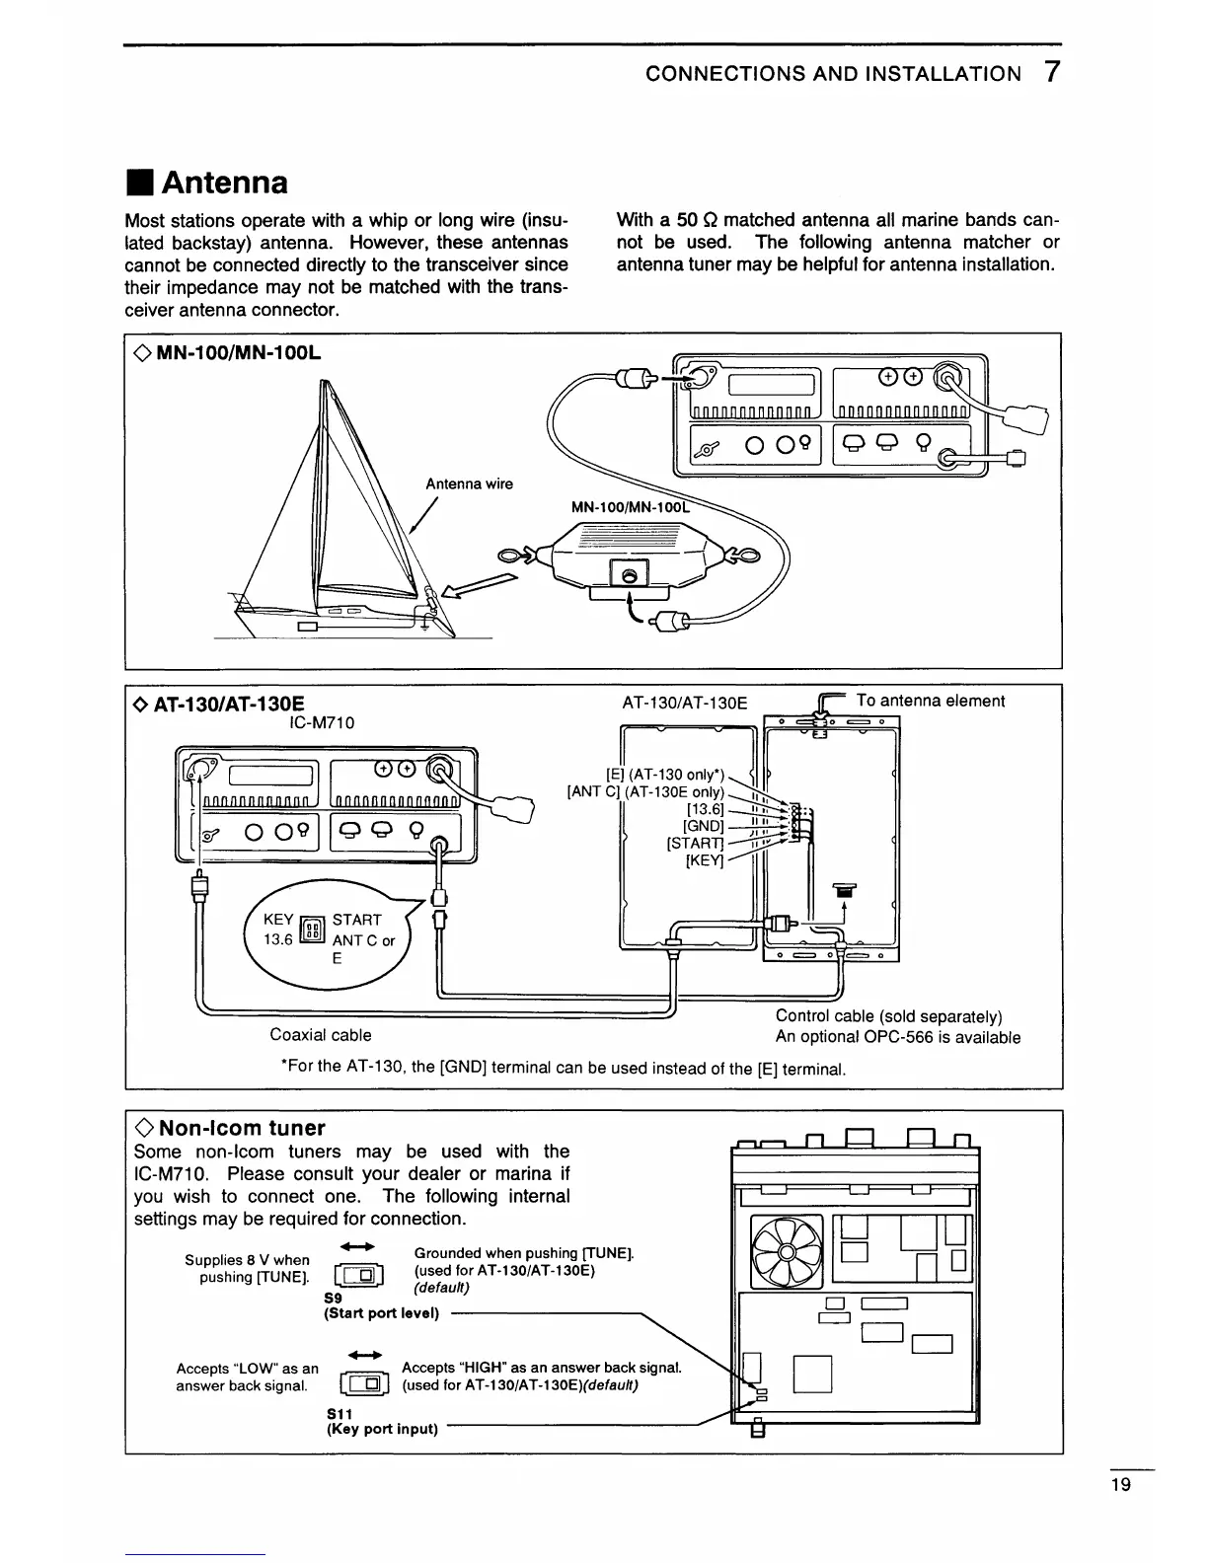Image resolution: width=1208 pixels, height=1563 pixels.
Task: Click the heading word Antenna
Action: click(x=225, y=183)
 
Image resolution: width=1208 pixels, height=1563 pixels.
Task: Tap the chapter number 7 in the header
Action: click(x=1052, y=72)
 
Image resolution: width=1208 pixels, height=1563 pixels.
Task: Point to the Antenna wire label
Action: click(x=469, y=484)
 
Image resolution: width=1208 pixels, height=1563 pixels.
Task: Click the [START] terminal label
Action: click(x=696, y=843)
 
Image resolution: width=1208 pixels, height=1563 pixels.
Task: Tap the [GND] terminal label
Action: click(x=704, y=825)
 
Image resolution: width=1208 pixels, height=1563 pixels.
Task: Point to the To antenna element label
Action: click(x=930, y=701)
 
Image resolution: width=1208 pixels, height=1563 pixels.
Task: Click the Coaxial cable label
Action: click(x=321, y=1035)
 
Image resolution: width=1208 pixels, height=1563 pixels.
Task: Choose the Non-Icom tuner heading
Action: click(x=242, y=1128)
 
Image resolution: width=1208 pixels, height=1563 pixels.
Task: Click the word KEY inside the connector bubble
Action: click(x=277, y=919)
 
